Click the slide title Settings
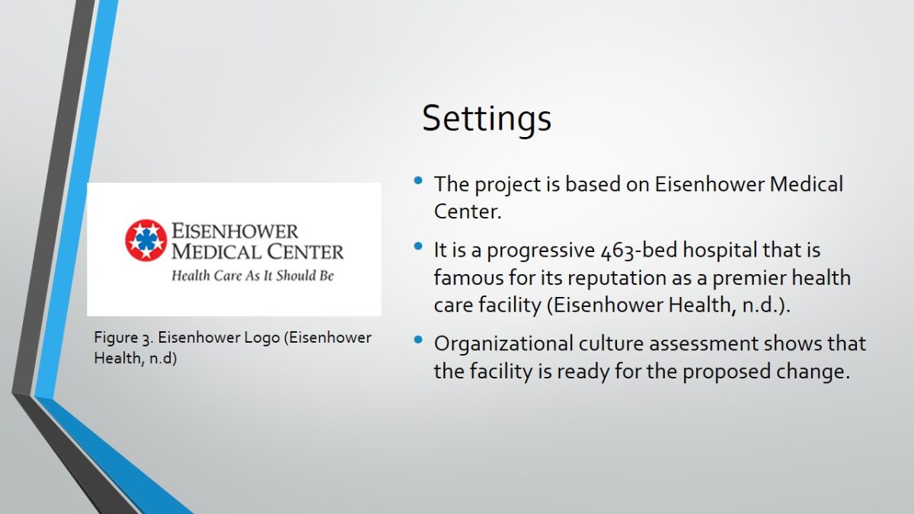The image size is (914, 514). click(x=487, y=118)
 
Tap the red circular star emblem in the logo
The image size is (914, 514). click(x=146, y=240)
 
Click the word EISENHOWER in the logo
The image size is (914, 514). click(x=235, y=231)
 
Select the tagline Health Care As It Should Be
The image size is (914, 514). click(x=253, y=276)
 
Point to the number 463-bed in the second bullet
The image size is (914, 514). click(x=638, y=250)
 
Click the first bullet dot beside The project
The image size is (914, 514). click(x=418, y=180)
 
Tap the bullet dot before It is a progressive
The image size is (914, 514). click(x=418, y=246)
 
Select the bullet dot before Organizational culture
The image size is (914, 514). click(x=418, y=340)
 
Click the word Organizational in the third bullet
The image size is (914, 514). click(x=503, y=343)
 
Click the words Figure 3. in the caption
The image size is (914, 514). click(x=123, y=338)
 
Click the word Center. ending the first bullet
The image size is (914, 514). click(x=468, y=212)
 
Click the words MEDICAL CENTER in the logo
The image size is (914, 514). click(x=257, y=251)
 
